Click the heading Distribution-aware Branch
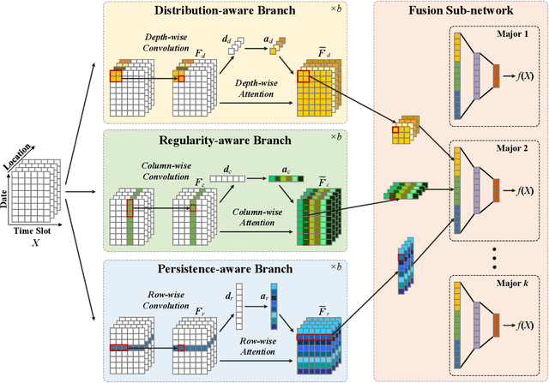[x=225, y=11]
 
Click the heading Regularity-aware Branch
[x=225, y=139]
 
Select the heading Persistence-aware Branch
[x=225, y=267]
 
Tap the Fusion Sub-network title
[x=459, y=11]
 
